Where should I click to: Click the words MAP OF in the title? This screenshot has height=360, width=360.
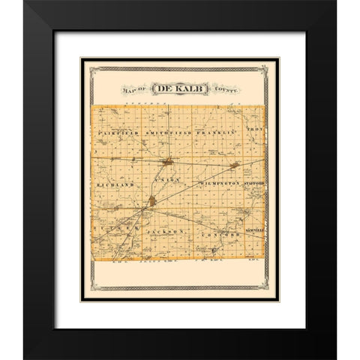coord(132,91)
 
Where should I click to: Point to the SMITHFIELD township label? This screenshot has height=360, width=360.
coord(165,132)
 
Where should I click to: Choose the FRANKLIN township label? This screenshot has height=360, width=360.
coord(215,132)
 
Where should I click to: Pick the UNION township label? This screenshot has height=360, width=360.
coord(163,180)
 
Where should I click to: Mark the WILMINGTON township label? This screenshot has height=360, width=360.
coord(219,182)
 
